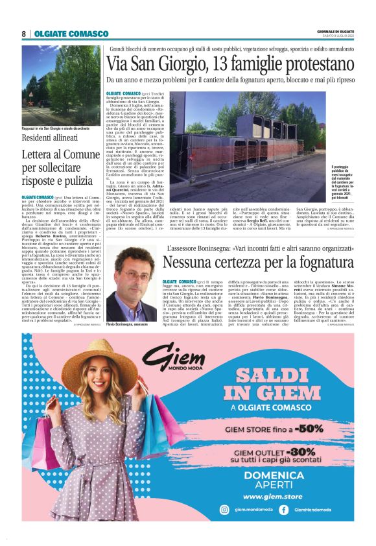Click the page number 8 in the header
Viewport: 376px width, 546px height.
coord(23,34)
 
